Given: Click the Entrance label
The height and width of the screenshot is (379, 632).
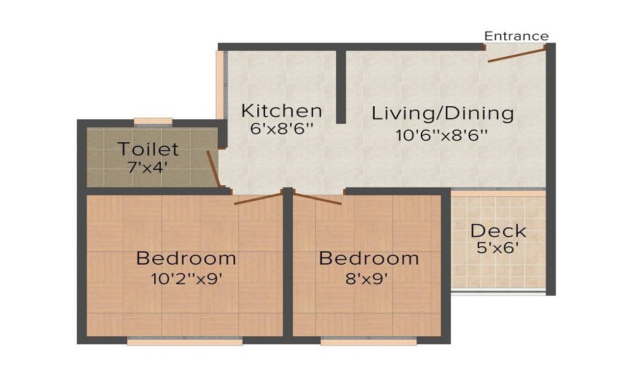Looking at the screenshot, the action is (516, 36).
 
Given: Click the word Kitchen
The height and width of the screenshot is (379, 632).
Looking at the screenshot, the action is (282, 111).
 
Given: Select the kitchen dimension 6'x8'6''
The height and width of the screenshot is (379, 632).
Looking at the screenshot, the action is (282, 129).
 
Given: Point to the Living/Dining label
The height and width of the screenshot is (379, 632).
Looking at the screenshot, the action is (442, 113).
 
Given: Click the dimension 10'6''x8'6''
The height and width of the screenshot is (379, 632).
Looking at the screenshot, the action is (442, 135).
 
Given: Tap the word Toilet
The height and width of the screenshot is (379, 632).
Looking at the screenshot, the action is (148, 149).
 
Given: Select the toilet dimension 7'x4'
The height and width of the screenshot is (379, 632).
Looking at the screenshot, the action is (148, 167).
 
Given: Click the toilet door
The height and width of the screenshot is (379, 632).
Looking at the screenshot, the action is (214, 169).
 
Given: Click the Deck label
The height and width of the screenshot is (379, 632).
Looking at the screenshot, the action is (498, 231).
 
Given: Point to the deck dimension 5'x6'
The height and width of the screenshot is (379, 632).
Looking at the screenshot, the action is (498, 248).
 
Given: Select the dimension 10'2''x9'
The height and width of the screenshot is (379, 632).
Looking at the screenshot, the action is (186, 279).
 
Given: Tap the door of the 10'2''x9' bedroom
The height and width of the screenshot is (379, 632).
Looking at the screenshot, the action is (258, 198).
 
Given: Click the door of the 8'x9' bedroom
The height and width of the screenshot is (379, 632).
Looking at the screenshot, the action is (318, 198).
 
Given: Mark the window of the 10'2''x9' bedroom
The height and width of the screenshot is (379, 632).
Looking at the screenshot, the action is (185, 341).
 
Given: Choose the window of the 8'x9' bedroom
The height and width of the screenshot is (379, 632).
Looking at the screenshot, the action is (369, 341).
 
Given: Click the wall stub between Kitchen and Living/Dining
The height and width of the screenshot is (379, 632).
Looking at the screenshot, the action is (341, 87).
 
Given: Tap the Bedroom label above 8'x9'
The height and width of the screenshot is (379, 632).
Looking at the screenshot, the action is (369, 258).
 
